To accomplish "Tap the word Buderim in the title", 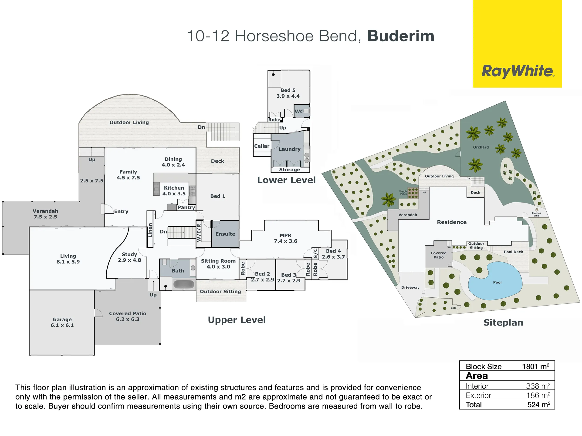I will coord(401,36).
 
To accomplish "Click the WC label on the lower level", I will coord(299,111).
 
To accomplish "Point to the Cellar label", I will coord(261,146).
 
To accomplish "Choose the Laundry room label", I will coord(289,149).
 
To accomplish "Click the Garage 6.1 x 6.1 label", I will coord(62,322).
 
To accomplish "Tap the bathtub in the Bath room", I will coord(184,284).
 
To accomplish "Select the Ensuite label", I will coord(225,234).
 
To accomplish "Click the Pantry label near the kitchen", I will coord(186,207).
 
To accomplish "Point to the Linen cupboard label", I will coord(150,230).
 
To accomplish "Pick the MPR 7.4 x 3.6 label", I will coord(285,238).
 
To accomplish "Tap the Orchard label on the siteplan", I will coord(481,147).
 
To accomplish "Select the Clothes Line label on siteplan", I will coord(536,214).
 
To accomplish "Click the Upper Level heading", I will coord(237,320).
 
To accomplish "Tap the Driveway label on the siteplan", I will coord(410,287).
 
